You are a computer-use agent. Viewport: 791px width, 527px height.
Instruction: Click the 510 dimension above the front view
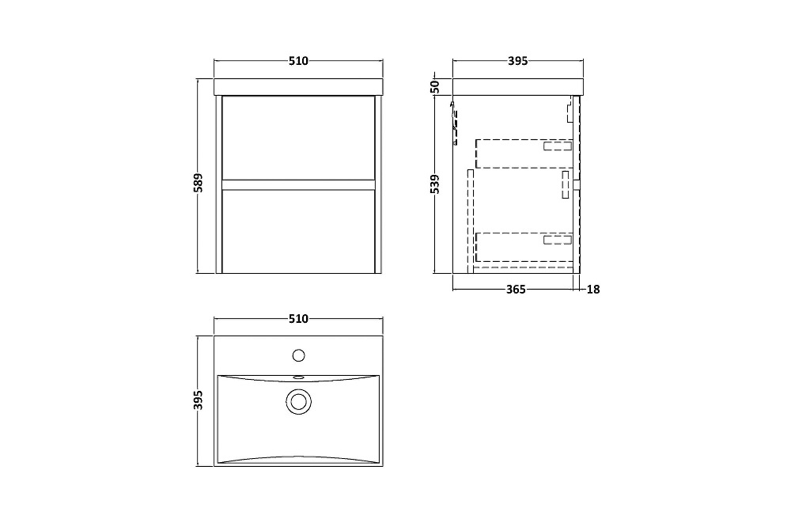298,61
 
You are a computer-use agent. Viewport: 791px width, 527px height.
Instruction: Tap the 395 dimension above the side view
517,61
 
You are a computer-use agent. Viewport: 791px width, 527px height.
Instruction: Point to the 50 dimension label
435,87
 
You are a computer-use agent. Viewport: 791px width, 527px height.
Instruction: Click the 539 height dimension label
435,184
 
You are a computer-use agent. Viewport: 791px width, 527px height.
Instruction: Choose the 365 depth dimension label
516,290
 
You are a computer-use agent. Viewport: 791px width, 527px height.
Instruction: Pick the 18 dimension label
593,290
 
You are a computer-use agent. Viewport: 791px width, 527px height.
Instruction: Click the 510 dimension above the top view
298,319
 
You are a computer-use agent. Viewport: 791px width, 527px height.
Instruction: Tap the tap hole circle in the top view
299,355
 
